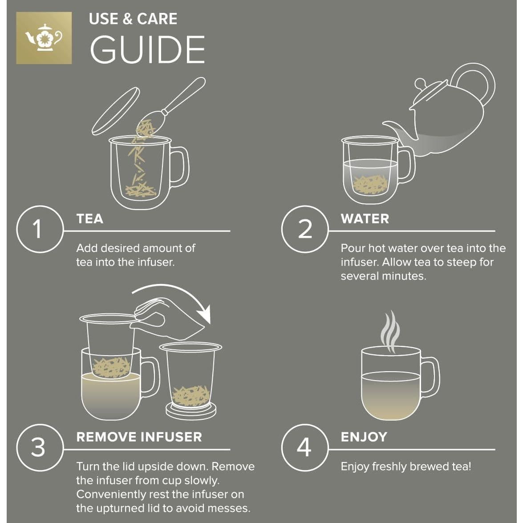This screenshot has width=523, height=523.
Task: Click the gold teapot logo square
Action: (x=44, y=38)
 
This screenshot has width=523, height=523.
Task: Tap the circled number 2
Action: (x=304, y=229)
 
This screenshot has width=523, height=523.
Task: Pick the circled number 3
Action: (x=38, y=447)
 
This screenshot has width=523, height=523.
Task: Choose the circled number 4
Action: (x=304, y=447)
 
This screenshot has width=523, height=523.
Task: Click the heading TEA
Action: (x=89, y=219)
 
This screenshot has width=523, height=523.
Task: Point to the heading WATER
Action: (x=365, y=219)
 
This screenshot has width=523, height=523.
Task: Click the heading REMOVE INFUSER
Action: (x=139, y=437)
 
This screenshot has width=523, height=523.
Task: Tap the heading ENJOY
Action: (x=364, y=437)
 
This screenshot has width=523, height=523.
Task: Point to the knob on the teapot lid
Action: (x=421, y=83)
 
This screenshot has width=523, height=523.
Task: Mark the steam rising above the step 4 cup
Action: (x=390, y=332)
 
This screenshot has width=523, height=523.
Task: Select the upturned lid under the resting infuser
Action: (x=191, y=409)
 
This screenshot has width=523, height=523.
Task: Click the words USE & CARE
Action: (x=133, y=19)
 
